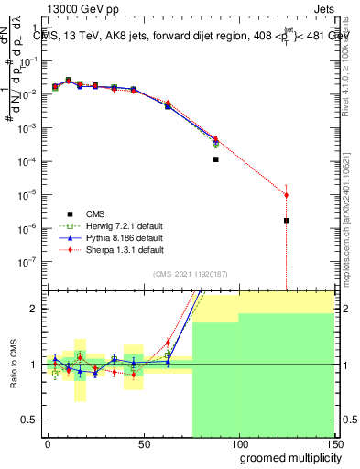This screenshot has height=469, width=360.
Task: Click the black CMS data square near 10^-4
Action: point(215,159)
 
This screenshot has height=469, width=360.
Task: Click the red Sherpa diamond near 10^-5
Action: point(287,194)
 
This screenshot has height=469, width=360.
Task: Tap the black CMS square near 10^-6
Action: point(287,221)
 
